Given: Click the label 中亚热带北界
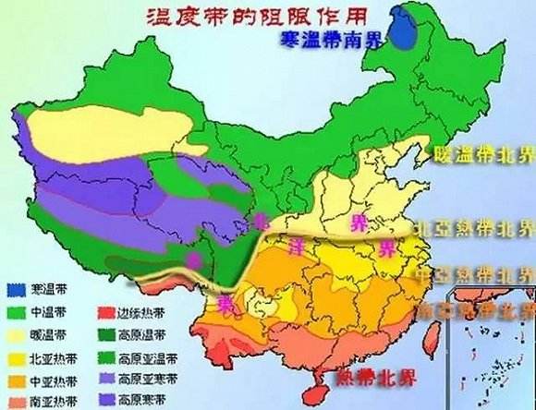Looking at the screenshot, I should (473, 273).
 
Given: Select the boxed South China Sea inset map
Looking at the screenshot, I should (489, 346).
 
